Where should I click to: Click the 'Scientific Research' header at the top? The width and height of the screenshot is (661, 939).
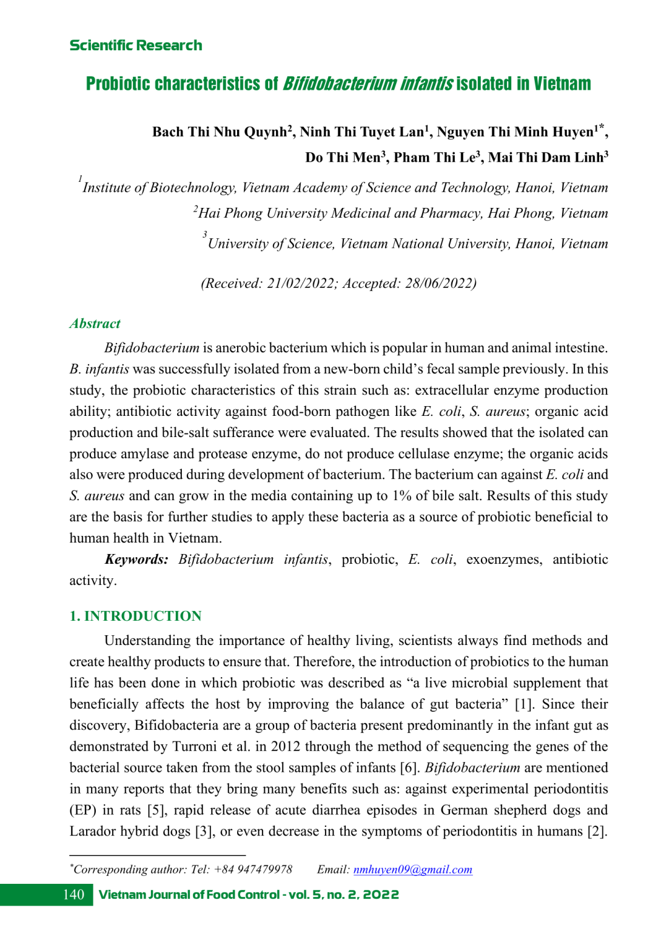(136, 45)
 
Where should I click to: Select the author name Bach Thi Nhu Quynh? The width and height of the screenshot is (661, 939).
(220, 132)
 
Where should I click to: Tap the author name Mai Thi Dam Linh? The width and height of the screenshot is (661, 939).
(546, 158)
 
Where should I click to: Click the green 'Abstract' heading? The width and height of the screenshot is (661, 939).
(95, 324)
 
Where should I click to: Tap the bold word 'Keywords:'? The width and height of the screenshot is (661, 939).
(136, 560)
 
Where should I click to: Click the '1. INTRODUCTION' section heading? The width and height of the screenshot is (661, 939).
(135, 616)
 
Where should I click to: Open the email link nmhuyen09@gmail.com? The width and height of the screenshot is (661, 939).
(412, 869)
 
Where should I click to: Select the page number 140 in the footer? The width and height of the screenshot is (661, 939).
(73, 895)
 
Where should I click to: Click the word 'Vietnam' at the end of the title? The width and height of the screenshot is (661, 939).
(562, 84)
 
